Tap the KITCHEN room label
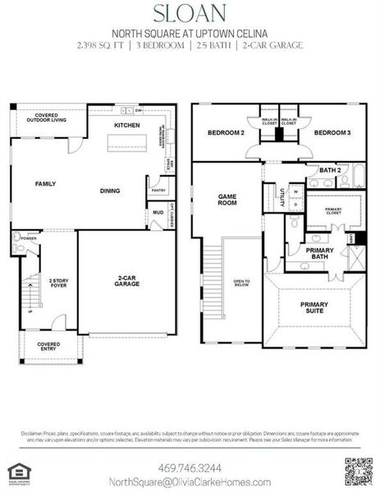pos(126,125)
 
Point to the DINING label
pos(110,191)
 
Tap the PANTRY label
pos(158,190)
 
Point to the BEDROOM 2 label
pos(226,132)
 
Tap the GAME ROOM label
pos(227,200)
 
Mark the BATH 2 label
pos(329,170)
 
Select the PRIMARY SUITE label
pos(314,308)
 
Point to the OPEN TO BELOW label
pos(241,283)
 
